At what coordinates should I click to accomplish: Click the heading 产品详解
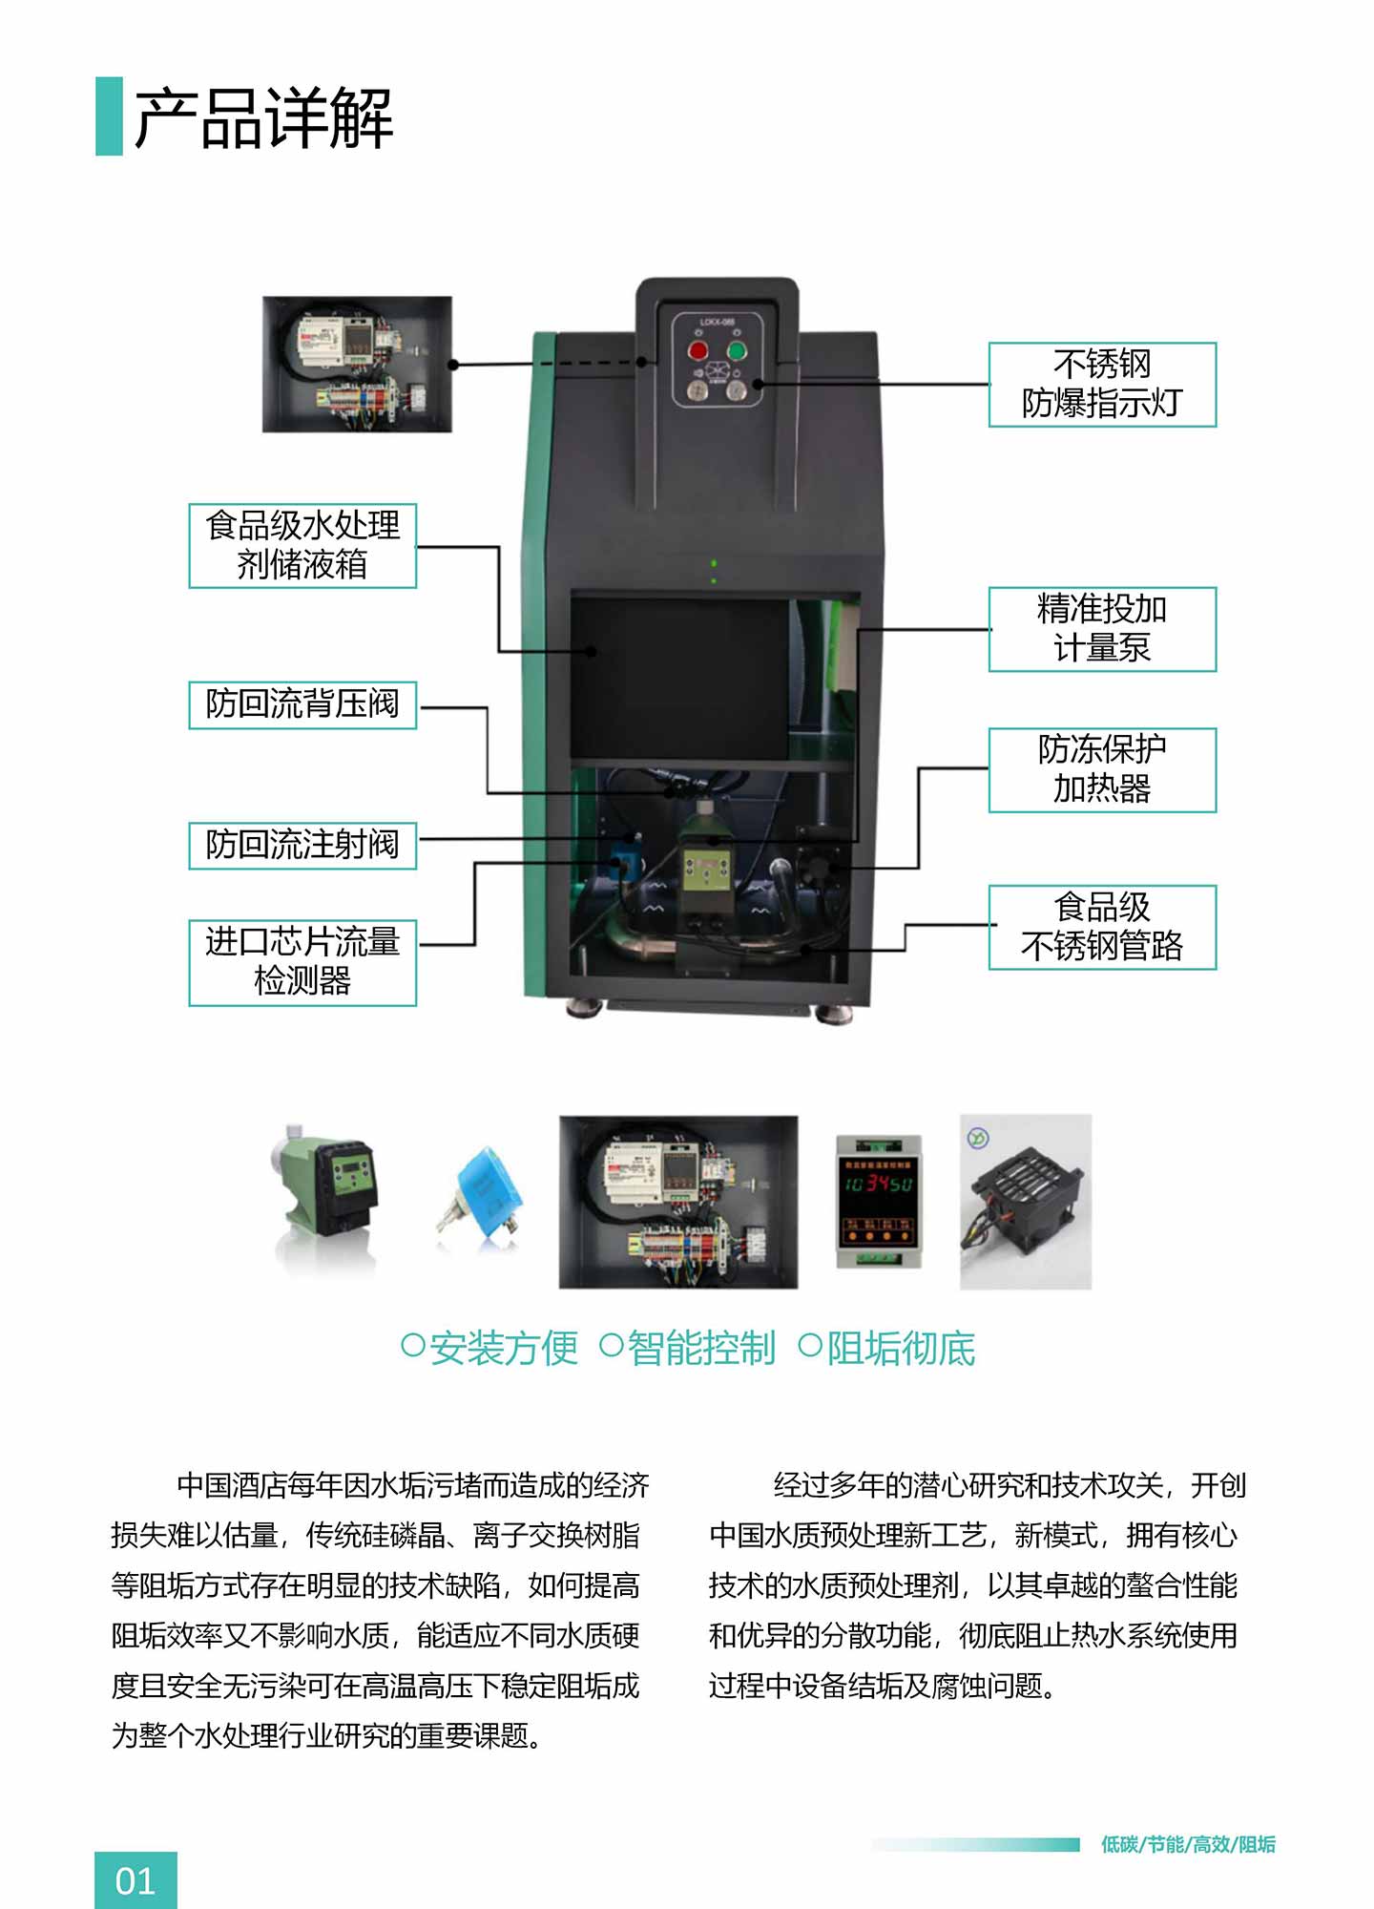(263, 117)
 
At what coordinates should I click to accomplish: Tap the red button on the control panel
(698, 350)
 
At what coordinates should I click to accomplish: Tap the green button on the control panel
(737, 350)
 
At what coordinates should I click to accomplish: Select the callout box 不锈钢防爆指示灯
(1102, 385)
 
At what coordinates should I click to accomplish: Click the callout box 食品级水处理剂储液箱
(302, 546)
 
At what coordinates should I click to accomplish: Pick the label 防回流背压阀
(302, 704)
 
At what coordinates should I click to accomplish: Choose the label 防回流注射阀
(302, 845)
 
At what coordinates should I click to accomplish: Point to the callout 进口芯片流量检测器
(302, 962)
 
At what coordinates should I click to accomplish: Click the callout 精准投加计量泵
(1102, 629)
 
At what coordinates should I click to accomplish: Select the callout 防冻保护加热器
(1102, 770)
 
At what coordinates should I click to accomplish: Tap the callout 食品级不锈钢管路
(1102, 928)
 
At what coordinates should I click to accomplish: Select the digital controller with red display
(879, 1202)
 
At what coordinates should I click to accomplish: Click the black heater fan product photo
(1026, 1202)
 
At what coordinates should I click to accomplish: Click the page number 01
(135, 1880)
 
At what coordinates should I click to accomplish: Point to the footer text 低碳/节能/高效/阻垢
(1188, 1844)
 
